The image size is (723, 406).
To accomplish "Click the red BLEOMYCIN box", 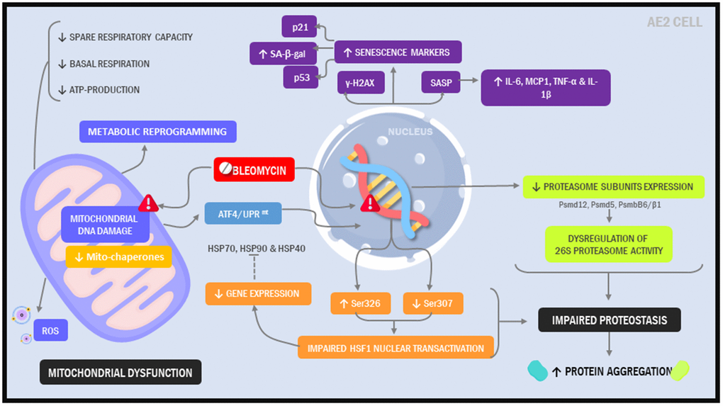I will pyautogui.click(x=254, y=170).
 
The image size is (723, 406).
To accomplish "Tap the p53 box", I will pyautogui.click(x=301, y=77).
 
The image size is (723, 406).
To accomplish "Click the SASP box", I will pyautogui.click(x=440, y=82).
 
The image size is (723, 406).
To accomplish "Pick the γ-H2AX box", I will pyautogui.click(x=360, y=82).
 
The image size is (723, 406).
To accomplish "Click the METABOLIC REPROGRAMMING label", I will pyautogui.click(x=157, y=131).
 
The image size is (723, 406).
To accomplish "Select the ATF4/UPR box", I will pyautogui.click(x=240, y=213).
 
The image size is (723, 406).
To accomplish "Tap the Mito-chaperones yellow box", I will pyautogui.click(x=119, y=256).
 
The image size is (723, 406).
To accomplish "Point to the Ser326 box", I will pyautogui.click(x=361, y=303).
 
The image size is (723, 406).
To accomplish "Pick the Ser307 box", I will pyautogui.click(x=433, y=303).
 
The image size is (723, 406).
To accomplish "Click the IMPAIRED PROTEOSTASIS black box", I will pyautogui.click(x=610, y=320).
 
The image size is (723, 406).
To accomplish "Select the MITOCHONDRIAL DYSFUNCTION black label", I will pyautogui.click(x=120, y=372).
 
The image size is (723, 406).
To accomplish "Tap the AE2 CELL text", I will pyautogui.click(x=674, y=22).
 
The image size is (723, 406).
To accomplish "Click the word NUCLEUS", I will pyautogui.click(x=410, y=132).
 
